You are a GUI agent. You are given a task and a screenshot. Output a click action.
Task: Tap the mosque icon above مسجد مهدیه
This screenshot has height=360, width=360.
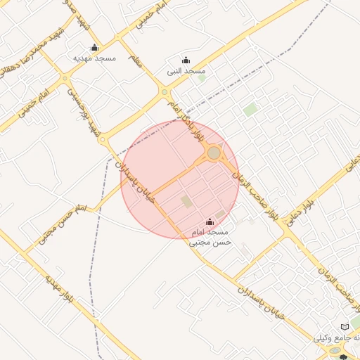95,47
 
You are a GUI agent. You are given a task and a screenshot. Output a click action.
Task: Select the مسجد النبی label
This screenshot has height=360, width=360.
186,71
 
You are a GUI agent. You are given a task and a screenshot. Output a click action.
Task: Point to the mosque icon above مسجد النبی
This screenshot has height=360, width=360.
186,60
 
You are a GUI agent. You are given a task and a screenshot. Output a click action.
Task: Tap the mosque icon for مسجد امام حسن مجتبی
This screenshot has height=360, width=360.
209,222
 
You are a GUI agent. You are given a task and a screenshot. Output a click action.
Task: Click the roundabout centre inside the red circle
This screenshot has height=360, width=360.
214,153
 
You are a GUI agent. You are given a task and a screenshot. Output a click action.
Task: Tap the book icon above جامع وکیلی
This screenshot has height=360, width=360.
345,327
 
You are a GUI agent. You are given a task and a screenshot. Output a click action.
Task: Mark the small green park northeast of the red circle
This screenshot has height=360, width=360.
250,110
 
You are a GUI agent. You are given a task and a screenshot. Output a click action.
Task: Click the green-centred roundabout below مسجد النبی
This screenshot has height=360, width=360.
165,92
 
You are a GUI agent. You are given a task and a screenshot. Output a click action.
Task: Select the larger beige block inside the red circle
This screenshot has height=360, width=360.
186,201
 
